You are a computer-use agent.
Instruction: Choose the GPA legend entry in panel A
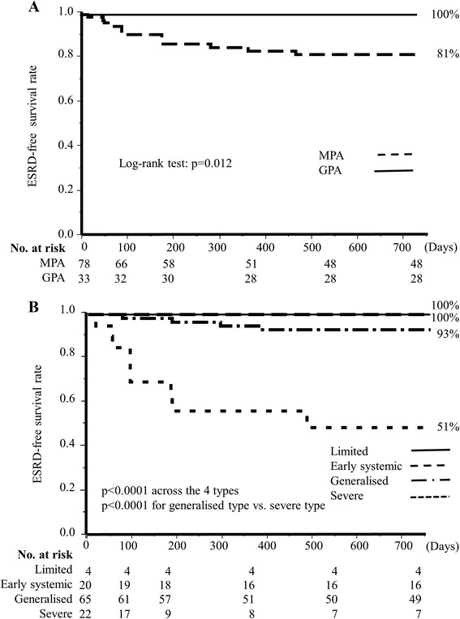click(335, 171)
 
